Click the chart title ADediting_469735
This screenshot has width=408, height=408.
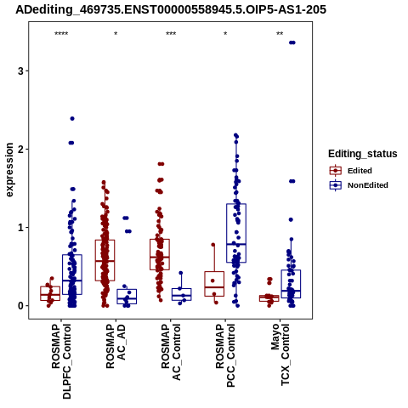pyautogui.click(x=171, y=9)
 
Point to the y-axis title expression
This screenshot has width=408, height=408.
pyautogui.click(x=9, y=170)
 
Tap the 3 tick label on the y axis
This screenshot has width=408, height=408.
pyautogui.click(x=20, y=71)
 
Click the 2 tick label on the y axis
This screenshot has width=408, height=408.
pyautogui.click(x=20, y=150)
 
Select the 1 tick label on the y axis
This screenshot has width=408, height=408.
pyautogui.click(x=20, y=228)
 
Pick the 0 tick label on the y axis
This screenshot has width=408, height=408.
pyautogui.click(x=20, y=306)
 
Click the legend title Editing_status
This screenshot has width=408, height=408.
pyautogui.click(x=363, y=154)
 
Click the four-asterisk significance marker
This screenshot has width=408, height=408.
pyautogui.click(x=61, y=34)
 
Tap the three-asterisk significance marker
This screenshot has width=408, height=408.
pyautogui.click(x=171, y=34)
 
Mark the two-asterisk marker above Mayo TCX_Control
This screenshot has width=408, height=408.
pyautogui.click(x=280, y=34)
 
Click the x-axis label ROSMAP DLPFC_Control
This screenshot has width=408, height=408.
pyautogui.click(x=61, y=361)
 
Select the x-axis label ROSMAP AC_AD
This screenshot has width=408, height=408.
pyautogui.click(x=116, y=346)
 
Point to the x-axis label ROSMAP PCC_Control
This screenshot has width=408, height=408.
pyautogui.click(x=225, y=355)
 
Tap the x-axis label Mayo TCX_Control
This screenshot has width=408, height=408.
pyautogui.click(x=280, y=354)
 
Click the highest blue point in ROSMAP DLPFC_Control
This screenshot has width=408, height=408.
pyautogui.click(x=72, y=118)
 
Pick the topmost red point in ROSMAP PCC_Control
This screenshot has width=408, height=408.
pyautogui.click(x=213, y=245)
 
